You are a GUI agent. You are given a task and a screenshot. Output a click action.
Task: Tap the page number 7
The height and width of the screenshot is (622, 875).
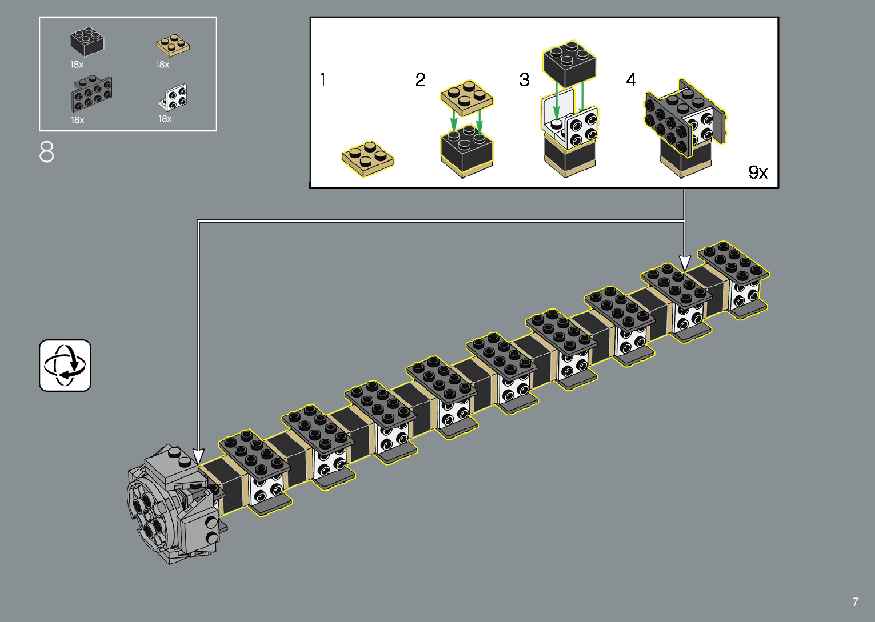pos(855,601)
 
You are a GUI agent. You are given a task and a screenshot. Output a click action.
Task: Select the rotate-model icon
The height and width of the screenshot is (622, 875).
pos(65,366)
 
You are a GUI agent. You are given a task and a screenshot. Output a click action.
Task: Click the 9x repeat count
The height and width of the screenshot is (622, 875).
pos(758,172)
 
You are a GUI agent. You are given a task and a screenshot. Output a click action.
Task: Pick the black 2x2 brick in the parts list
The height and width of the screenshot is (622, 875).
pos(87,41)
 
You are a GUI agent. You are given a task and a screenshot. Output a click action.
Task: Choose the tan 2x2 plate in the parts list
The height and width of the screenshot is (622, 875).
pos(173,45)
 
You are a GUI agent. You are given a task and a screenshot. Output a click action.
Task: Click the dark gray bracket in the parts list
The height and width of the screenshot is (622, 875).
pos(91,94)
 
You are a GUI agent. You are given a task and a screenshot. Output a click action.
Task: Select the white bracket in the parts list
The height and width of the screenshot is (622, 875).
pos(173,97)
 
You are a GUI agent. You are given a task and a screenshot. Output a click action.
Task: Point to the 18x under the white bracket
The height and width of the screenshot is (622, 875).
pos(165,119)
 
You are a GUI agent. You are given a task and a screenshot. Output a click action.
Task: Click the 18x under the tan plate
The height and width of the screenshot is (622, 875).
pos(162,65)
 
